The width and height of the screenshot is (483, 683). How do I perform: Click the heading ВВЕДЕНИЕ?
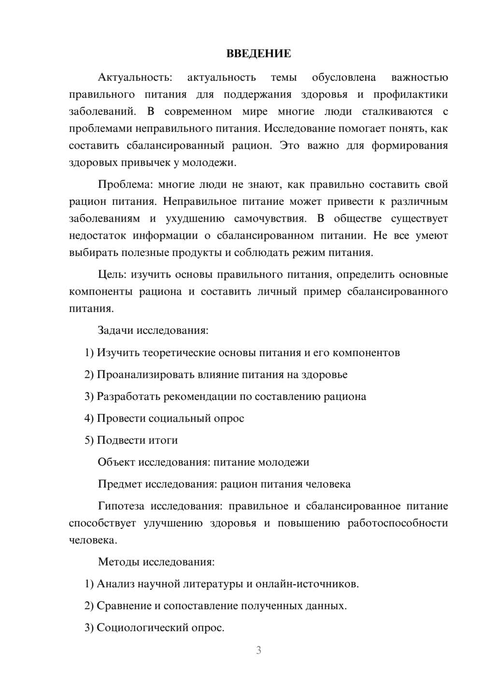click(258, 54)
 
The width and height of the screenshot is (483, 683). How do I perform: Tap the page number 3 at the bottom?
click(258, 650)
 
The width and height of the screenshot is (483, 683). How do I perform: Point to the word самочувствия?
click(270, 218)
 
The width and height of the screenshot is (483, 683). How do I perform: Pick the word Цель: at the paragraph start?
click(112, 275)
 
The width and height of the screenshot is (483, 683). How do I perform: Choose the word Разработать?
click(128, 397)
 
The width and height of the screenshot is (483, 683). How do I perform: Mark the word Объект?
click(116, 462)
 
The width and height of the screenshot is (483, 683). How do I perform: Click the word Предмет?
click(120, 484)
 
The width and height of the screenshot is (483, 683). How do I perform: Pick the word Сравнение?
click(124, 606)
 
